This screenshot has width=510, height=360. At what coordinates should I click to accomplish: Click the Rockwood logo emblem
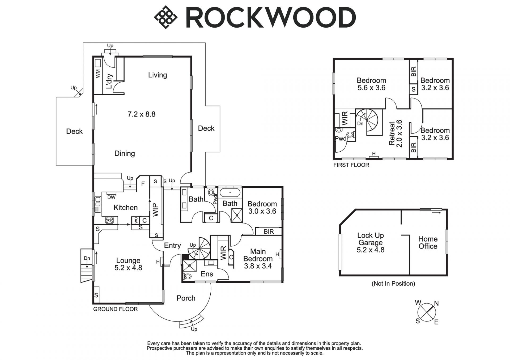tap(166, 17)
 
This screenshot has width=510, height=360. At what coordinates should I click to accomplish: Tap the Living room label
tap(158, 75)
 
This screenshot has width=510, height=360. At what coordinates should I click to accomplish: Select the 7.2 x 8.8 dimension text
tap(141, 114)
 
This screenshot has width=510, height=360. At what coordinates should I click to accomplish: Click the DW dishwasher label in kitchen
tap(111, 197)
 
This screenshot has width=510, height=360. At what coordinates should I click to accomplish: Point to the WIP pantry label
tap(156, 210)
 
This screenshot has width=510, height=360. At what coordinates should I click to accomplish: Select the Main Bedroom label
tap(258, 255)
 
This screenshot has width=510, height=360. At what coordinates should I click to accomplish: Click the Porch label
tap(186, 298)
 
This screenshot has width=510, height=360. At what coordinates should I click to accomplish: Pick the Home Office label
tap(428, 243)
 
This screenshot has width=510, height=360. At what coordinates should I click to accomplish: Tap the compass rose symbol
tap(426, 312)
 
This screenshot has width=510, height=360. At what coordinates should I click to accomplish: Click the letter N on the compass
tap(436, 303)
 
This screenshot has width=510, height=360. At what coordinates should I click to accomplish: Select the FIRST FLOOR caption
tap(351, 165)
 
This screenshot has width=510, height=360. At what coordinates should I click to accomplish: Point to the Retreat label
tap(392, 133)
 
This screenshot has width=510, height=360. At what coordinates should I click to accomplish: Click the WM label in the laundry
tap(98, 74)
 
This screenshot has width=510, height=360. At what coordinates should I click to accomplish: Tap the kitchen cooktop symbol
tap(109, 220)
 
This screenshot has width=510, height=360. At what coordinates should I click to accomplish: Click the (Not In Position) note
tap(393, 284)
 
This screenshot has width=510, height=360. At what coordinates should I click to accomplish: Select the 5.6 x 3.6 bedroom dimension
tap(371, 88)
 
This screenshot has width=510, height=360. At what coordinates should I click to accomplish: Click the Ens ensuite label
tap(207, 274)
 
